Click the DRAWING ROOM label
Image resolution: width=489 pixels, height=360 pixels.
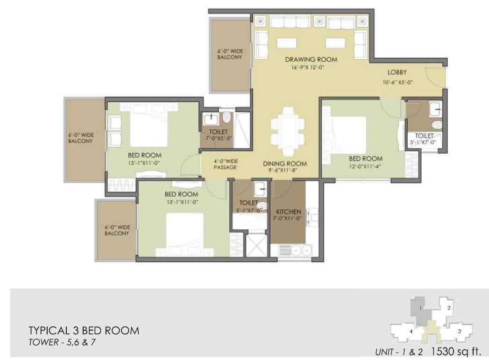[311, 59]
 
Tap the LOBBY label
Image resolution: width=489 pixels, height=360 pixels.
[397, 72]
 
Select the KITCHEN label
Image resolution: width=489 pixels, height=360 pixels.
[288, 212]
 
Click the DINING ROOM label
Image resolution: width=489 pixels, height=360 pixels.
[284, 163]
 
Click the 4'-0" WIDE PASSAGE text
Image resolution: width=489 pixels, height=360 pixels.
[226, 164]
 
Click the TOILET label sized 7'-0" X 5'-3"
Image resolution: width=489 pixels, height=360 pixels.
[219, 132]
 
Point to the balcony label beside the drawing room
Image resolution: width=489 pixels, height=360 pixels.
[229, 54]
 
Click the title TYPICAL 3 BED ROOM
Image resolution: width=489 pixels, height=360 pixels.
[84, 331]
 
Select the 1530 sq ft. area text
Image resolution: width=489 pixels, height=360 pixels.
[455, 351]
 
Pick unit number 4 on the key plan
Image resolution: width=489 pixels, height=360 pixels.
[411, 331]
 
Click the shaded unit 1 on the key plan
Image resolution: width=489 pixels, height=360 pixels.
[421, 309]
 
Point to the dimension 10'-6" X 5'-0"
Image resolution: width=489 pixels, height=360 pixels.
[397, 82]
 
